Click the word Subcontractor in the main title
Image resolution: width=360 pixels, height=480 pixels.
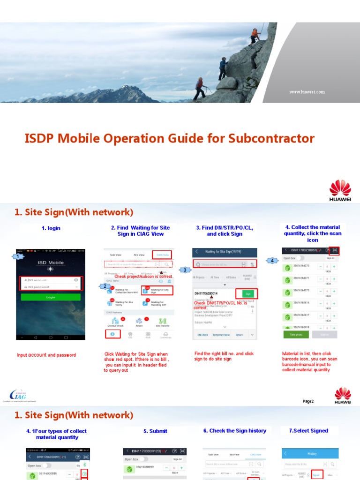coord(271,139)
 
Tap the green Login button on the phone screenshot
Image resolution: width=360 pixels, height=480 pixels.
coord(51,297)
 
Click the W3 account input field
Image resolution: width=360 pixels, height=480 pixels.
coord(51,280)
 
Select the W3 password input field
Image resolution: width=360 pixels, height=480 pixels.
coord(51,287)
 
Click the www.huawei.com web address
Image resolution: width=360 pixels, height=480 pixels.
coord(307,92)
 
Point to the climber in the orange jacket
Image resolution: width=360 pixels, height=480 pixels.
coord(255,34)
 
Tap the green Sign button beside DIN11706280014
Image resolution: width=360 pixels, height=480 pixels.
coord(248,293)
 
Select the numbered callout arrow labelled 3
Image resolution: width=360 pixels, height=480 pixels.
coord(185,270)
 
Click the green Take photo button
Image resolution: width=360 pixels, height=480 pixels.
coord(296,335)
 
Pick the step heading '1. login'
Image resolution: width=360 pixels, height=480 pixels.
coord(51,228)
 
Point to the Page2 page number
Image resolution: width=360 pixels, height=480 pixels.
coord(308,401)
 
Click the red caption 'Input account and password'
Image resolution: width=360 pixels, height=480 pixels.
coord(46,355)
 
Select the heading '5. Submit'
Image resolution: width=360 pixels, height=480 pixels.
coord(155,431)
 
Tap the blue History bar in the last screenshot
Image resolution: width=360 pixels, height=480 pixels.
coord(312,453)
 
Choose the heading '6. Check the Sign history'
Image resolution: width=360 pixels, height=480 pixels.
coord(234,431)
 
